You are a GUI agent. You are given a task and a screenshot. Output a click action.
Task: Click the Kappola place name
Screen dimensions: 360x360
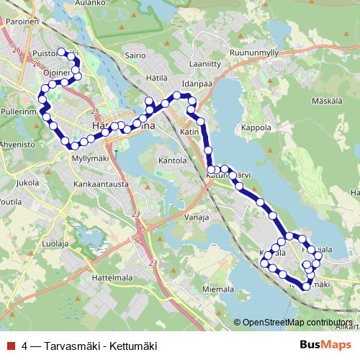coord(256,127)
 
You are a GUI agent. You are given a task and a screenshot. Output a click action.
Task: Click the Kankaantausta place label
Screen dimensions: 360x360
coord(100,184)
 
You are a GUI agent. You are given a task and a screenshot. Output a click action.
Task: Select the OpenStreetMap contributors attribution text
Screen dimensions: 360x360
coord(296,323)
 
